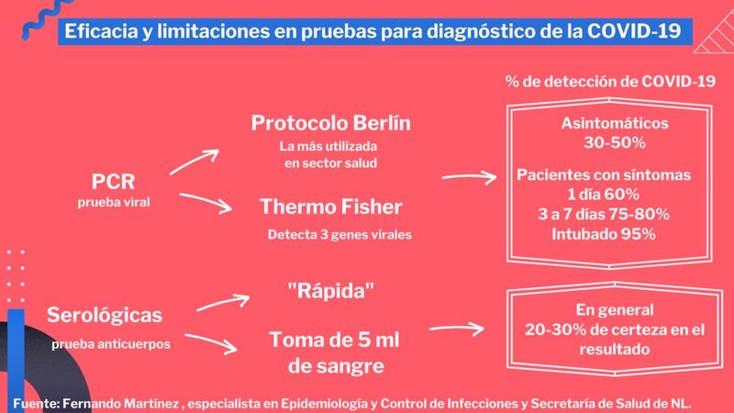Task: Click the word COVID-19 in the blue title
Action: (634, 31)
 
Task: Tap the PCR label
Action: (113, 182)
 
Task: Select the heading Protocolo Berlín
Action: (331, 123)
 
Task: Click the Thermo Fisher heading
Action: (331, 207)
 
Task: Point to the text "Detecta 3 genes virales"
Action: (339, 235)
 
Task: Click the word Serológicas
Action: (105, 315)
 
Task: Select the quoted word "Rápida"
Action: (331, 291)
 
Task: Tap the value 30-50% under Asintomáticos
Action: (615, 143)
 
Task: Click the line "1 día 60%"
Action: (604, 195)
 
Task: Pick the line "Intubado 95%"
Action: (604, 234)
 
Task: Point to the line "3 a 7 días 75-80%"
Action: (604, 215)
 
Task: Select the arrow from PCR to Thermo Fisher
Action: (205, 202)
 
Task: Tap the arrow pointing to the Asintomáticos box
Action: (469, 177)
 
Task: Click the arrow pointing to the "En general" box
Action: (456, 329)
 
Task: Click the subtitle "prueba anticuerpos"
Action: (111, 344)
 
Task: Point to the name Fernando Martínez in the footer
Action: (121, 404)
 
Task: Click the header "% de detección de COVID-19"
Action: (610, 82)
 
